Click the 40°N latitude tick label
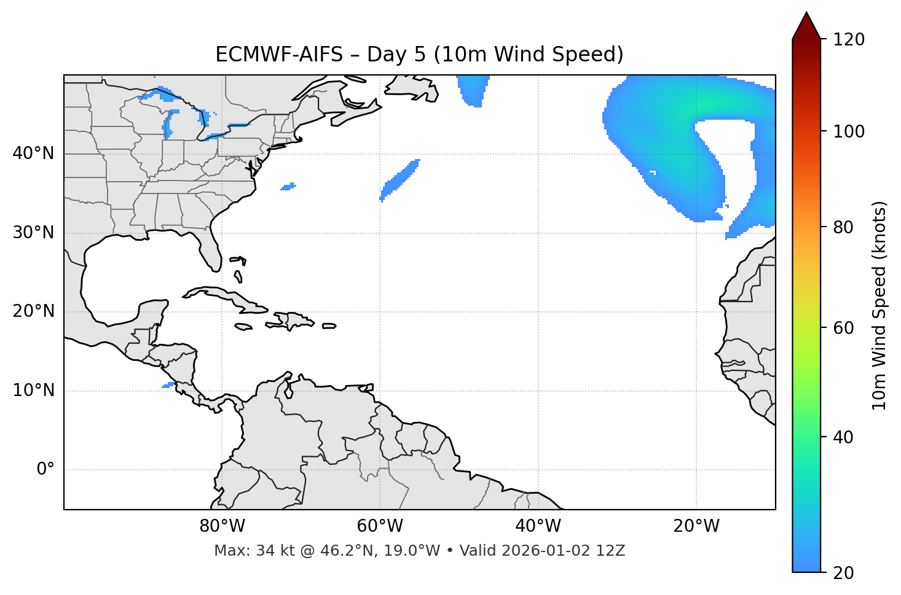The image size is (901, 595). [33, 154]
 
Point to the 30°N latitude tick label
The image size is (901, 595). [33, 233]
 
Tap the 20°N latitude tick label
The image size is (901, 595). [33, 311]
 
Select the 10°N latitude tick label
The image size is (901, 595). [33, 391]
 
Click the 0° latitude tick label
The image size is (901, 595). [45, 470]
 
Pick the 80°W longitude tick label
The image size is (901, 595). [222, 526]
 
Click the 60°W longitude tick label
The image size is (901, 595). [380, 526]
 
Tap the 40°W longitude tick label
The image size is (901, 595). [538, 526]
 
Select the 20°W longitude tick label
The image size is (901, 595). [696, 526]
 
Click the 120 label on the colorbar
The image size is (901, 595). [849, 40]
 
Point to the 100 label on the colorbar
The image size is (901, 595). [849, 132]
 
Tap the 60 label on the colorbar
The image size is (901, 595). [844, 328]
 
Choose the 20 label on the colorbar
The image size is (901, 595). [844, 573]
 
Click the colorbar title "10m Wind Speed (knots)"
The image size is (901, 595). [879, 305]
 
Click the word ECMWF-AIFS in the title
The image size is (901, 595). [279, 55]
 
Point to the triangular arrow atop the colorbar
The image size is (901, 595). [806, 26]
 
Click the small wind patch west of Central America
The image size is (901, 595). [168, 385]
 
